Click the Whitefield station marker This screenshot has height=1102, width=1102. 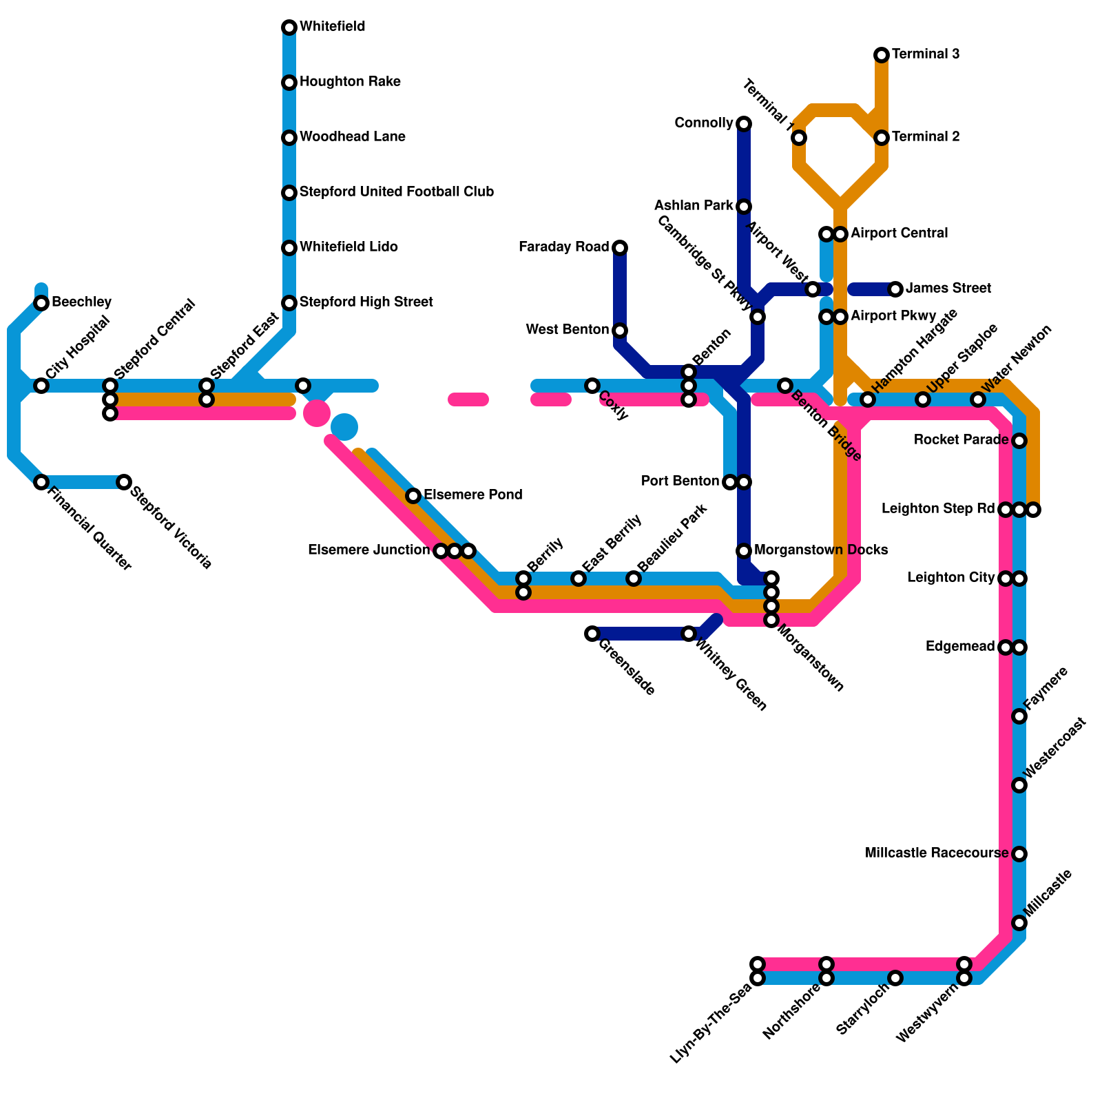coord(289,28)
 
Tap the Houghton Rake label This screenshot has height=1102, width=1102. coord(350,82)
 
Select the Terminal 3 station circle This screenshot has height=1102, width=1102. coord(882,55)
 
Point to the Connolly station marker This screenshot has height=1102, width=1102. coord(744,124)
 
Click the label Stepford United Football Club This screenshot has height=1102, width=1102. coord(397,192)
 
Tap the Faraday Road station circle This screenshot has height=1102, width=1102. coord(620,248)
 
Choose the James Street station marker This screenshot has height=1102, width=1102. coord(895,289)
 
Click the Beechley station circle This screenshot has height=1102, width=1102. coord(41,303)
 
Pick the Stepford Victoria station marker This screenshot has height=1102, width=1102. coord(124,482)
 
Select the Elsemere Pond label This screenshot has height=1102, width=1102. coord(472,495)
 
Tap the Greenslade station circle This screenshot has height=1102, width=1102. coord(592,634)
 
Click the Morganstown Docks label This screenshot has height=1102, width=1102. coord(821,550)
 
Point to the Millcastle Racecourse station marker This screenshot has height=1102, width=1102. coord(1019,854)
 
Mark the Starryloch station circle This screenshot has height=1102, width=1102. coord(895,978)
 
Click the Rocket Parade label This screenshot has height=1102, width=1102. coord(961,440)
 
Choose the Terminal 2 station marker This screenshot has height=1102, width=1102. coord(882,138)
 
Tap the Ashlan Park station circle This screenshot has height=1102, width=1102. coord(744,207)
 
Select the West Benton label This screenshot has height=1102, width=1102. coord(567,330)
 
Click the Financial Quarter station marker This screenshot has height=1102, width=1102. coord(41,482)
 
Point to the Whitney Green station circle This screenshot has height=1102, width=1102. coord(689,634)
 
